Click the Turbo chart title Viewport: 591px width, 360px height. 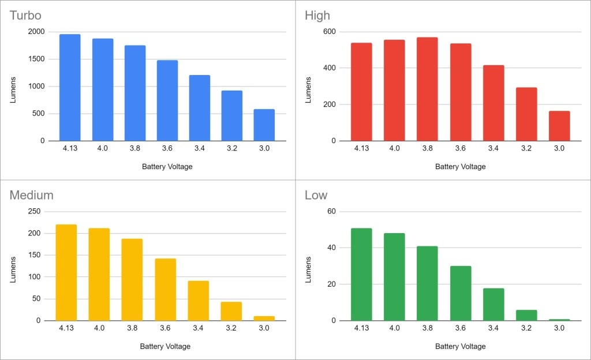click(x=25, y=15)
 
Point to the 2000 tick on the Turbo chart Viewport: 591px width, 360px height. click(x=36, y=32)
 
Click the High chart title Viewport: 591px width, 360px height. click(x=317, y=15)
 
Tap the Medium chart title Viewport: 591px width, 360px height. click(x=31, y=195)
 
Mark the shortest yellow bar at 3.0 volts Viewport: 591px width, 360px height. click(x=264, y=318)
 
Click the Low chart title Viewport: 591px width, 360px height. click(x=316, y=195)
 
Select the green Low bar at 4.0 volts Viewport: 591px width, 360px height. click(x=394, y=277)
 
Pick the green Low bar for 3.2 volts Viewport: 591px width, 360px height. click(x=526, y=315)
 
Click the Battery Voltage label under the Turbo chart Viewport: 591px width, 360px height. click(x=167, y=167)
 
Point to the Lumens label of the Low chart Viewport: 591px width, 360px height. click(x=308, y=266)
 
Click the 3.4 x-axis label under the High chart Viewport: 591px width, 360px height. click(x=493, y=148)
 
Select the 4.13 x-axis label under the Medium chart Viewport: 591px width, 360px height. click(x=66, y=328)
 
